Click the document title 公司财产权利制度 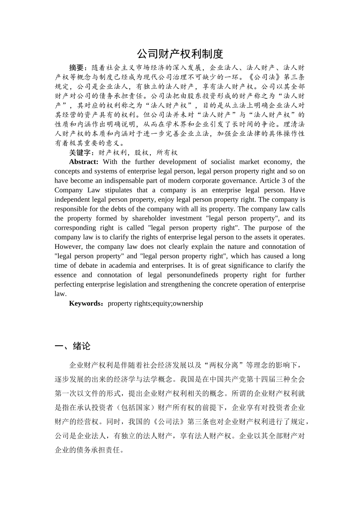coord(180,54)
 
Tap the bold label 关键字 coord(80,153)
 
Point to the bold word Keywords coord(85,303)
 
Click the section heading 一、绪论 coord(72,346)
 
